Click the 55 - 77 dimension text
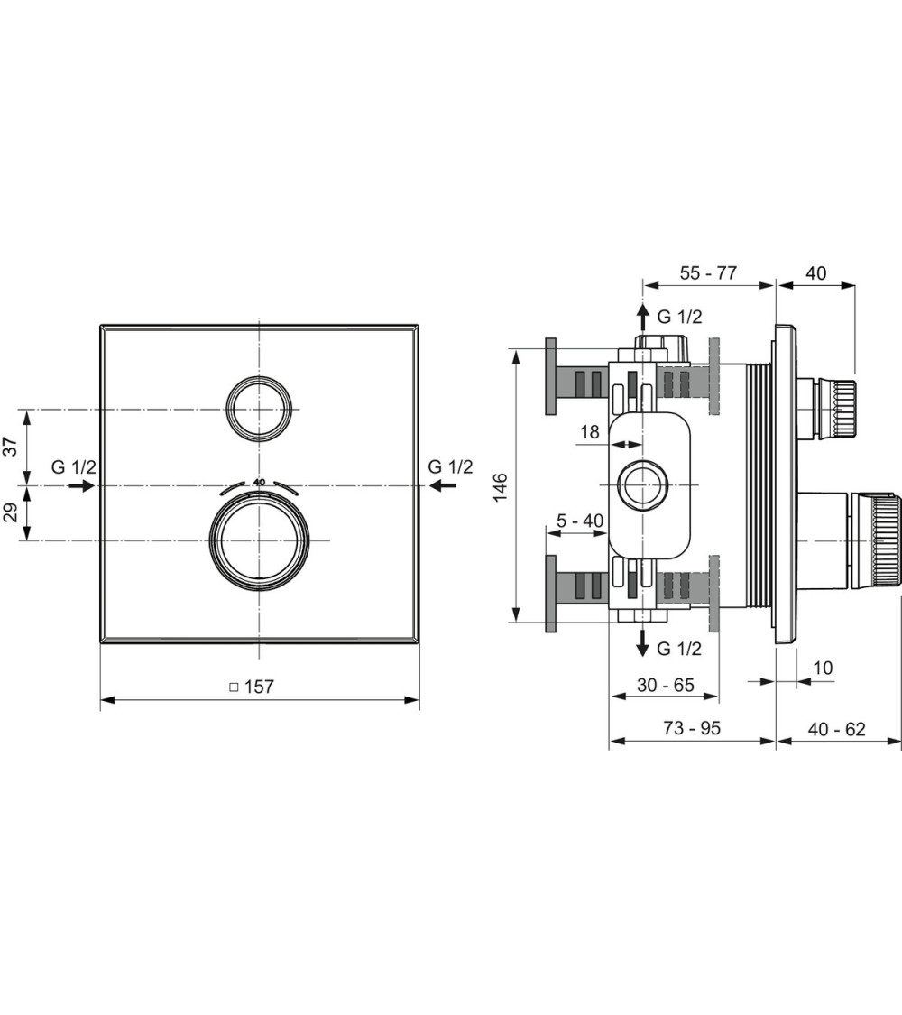709,272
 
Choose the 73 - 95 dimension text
691,728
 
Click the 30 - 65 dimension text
665,685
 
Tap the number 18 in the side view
589,432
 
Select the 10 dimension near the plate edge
823,668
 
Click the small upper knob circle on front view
259,407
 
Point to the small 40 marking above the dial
260,482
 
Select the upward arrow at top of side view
642,317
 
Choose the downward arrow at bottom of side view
642,641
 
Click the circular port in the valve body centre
642,485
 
